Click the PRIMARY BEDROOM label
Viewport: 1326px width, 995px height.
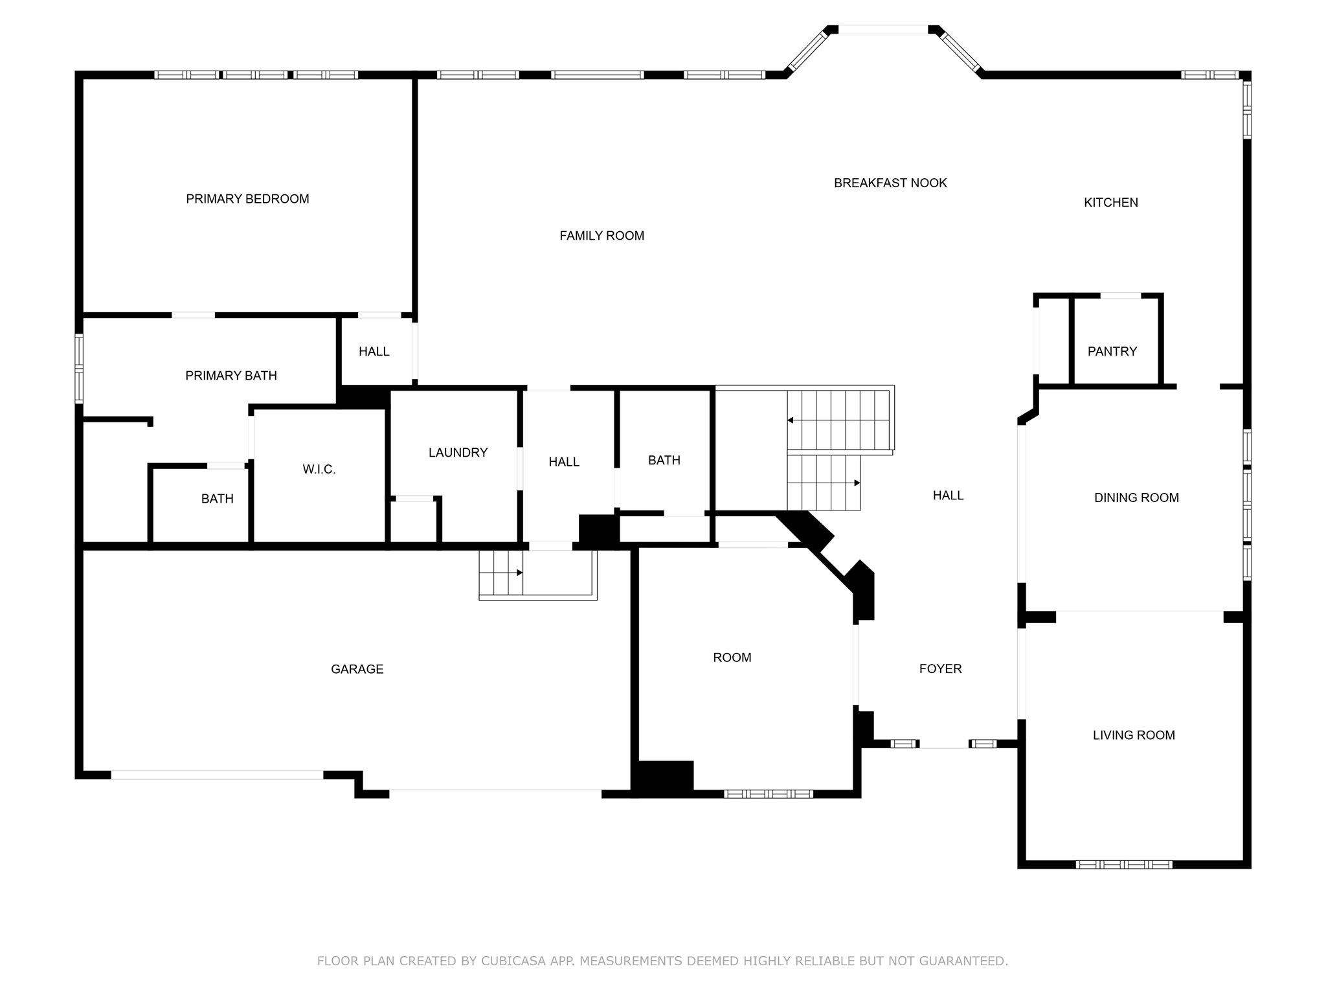tap(247, 199)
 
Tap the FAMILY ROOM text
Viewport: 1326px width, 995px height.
tap(601, 236)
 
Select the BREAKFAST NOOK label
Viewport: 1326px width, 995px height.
tap(890, 183)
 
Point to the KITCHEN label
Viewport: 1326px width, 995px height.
tap(1110, 203)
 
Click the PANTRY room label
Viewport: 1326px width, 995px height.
tap(1112, 351)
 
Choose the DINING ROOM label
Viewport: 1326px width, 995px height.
tap(1136, 497)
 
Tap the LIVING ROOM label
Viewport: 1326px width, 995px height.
tap(1133, 735)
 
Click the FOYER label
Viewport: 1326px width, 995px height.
tap(940, 669)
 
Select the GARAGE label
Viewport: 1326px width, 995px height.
tap(357, 669)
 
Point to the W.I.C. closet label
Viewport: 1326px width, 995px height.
tap(319, 470)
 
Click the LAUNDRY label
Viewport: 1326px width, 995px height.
tap(458, 453)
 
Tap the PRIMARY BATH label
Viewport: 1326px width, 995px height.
tap(231, 376)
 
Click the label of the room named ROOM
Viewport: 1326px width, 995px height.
tap(732, 658)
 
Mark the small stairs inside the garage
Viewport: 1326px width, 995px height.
tap(501, 573)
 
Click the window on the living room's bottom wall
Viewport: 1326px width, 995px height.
tap(1123, 864)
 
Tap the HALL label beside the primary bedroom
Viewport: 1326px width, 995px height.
tap(374, 352)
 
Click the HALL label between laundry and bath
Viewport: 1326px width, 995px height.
tap(563, 462)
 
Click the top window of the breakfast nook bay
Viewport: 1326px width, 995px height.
tap(882, 30)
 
